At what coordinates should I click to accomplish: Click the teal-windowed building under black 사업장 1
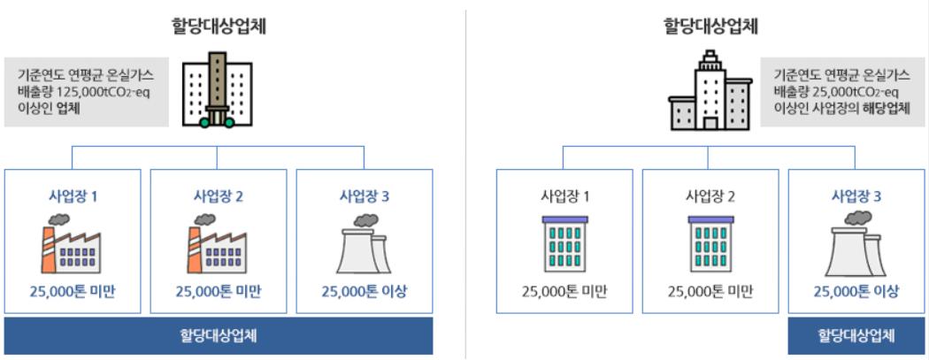pyautogui.click(x=564, y=243)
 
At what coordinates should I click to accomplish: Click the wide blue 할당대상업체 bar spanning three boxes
pyautogui.click(x=219, y=336)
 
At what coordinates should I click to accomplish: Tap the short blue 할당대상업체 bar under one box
pyautogui.click(x=856, y=336)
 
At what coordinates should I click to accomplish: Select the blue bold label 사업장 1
pyautogui.click(x=73, y=195)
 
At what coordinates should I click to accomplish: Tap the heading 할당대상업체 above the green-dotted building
pyautogui.click(x=219, y=26)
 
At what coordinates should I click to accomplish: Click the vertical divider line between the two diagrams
pyautogui.click(x=465, y=177)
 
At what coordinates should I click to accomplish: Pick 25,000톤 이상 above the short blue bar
pyautogui.click(x=856, y=292)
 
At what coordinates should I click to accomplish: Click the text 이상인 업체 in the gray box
pyautogui.click(x=49, y=109)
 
